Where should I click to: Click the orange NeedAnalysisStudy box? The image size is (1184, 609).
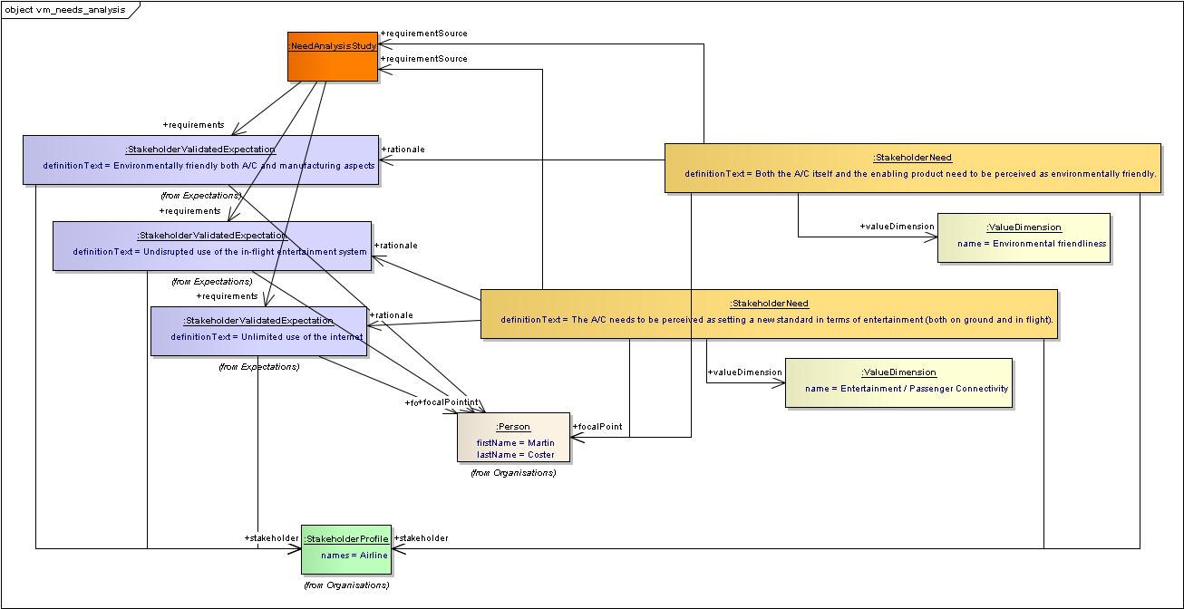[333, 56]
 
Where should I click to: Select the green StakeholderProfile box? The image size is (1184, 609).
[346, 549]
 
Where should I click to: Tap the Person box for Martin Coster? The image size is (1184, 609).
[513, 438]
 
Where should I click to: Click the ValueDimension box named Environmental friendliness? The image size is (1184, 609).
[1024, 237]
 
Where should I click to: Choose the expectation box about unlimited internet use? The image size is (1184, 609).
[258, 331]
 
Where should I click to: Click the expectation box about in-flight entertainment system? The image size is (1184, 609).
[212, 246]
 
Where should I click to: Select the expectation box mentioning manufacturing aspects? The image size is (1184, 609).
[200, 159]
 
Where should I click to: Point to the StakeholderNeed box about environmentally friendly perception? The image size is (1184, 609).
[912, 168]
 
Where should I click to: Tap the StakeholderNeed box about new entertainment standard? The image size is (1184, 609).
[769, 314]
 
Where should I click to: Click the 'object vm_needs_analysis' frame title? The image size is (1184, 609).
[65, 10]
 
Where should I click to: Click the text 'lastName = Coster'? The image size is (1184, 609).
[516, 455]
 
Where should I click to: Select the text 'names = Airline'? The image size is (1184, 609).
[354, 555]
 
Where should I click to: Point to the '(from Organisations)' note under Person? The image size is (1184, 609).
[513, 472]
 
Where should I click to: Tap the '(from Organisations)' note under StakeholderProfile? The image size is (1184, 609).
[346, 585]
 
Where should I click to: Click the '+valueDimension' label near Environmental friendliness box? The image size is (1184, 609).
[897, 227]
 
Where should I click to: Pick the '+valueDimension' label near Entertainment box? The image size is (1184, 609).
[744, 372]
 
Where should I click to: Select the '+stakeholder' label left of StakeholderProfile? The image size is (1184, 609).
[271, 538]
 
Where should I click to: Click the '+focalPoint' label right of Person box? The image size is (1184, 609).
[597, 426]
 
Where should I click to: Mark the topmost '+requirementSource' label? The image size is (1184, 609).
[424, 34]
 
